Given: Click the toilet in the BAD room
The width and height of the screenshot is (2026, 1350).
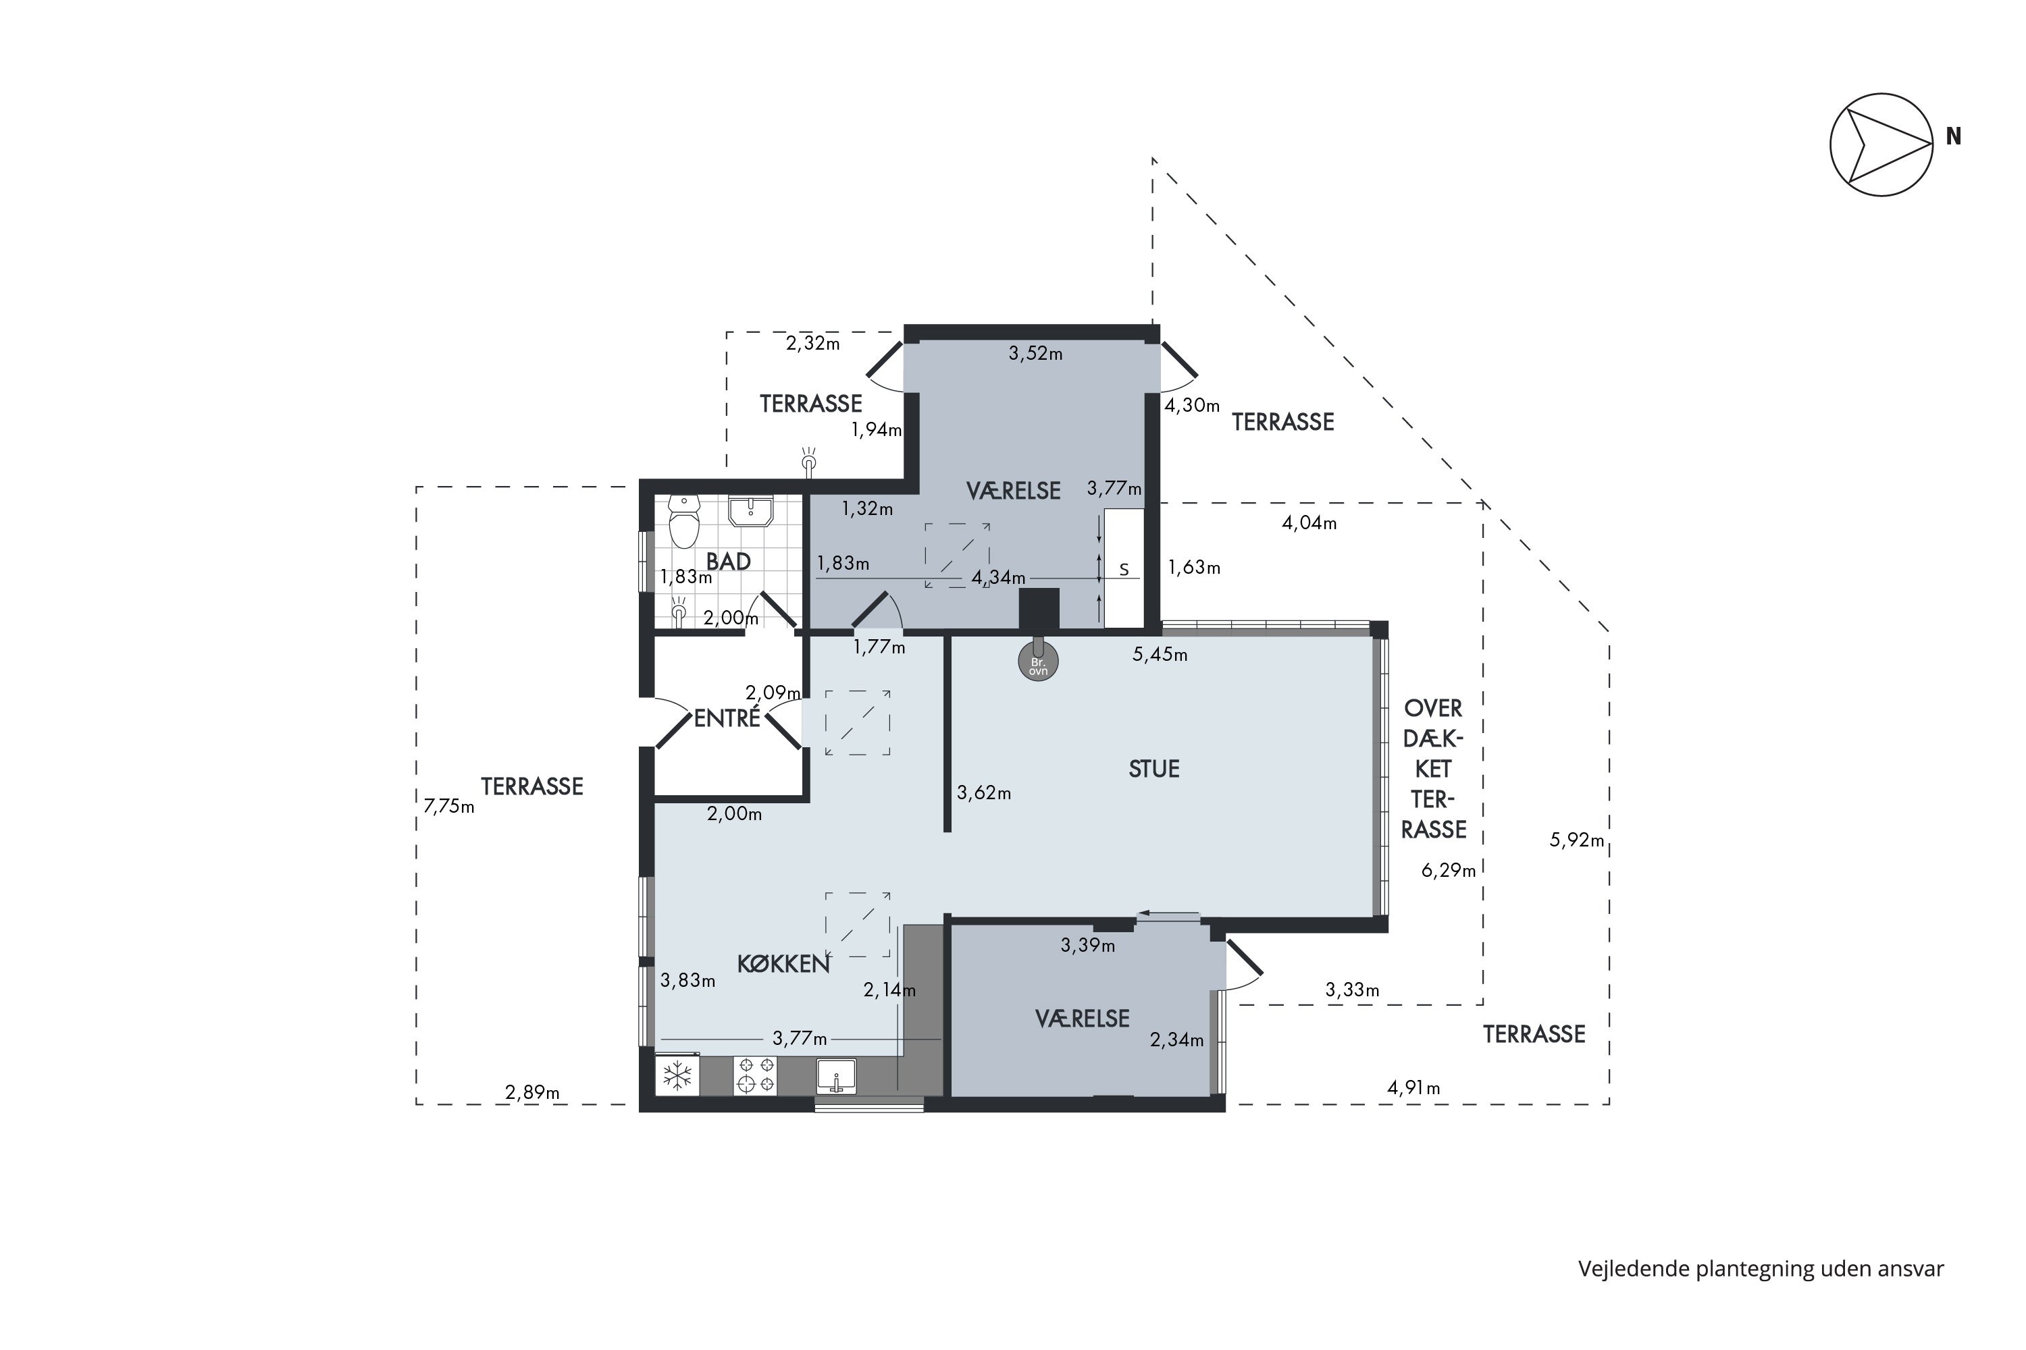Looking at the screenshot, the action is tap(684, 522).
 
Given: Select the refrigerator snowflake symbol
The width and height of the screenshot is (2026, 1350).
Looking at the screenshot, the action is tap(677, 1075).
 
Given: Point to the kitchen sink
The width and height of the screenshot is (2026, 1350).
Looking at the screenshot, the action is tap(835, 1076).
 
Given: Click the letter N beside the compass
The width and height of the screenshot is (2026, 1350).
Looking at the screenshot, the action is tap(1954, 137).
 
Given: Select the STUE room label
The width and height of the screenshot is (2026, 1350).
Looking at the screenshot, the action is tap(1153, 769).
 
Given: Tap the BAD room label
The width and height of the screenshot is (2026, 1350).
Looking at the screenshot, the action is tap(728, 562).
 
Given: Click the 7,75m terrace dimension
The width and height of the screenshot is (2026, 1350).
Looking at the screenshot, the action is tap(449, 807).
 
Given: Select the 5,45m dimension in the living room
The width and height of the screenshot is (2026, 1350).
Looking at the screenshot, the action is tap(1160, 654).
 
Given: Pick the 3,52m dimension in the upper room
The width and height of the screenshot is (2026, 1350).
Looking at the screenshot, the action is tap(1035, 353).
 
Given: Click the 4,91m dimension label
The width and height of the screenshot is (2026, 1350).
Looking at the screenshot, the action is tap(1413, 1087).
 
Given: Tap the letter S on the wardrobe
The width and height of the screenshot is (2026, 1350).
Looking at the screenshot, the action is tap(1123, 570).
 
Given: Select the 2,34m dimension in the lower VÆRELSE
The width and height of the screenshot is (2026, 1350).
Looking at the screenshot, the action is tap(1176, 1040).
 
